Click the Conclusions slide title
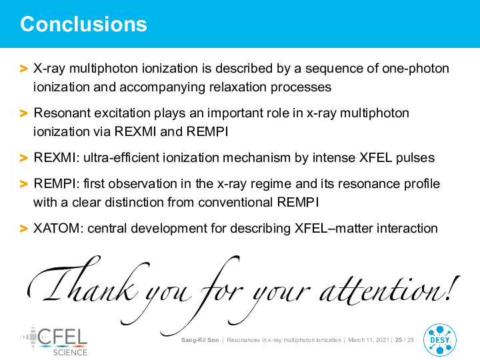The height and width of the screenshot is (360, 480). (83, 24)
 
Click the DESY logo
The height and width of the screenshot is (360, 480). (440, 340)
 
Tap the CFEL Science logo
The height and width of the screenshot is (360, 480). (54, 341)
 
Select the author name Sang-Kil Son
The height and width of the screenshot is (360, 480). (200, 340)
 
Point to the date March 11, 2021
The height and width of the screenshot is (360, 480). (369, 340)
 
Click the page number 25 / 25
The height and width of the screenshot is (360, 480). (405, 340)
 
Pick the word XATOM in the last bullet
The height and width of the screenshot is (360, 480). (57, 229)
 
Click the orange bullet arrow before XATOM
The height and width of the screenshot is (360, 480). (23, 229)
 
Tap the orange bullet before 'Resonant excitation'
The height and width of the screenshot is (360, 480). (23, 113)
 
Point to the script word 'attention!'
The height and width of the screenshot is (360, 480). (389, 290)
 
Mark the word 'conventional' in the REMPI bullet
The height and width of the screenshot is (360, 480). (235, 203)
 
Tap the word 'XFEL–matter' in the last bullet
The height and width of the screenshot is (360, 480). (334, 229)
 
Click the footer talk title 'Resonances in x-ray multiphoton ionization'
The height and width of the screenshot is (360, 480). (284, 340)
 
